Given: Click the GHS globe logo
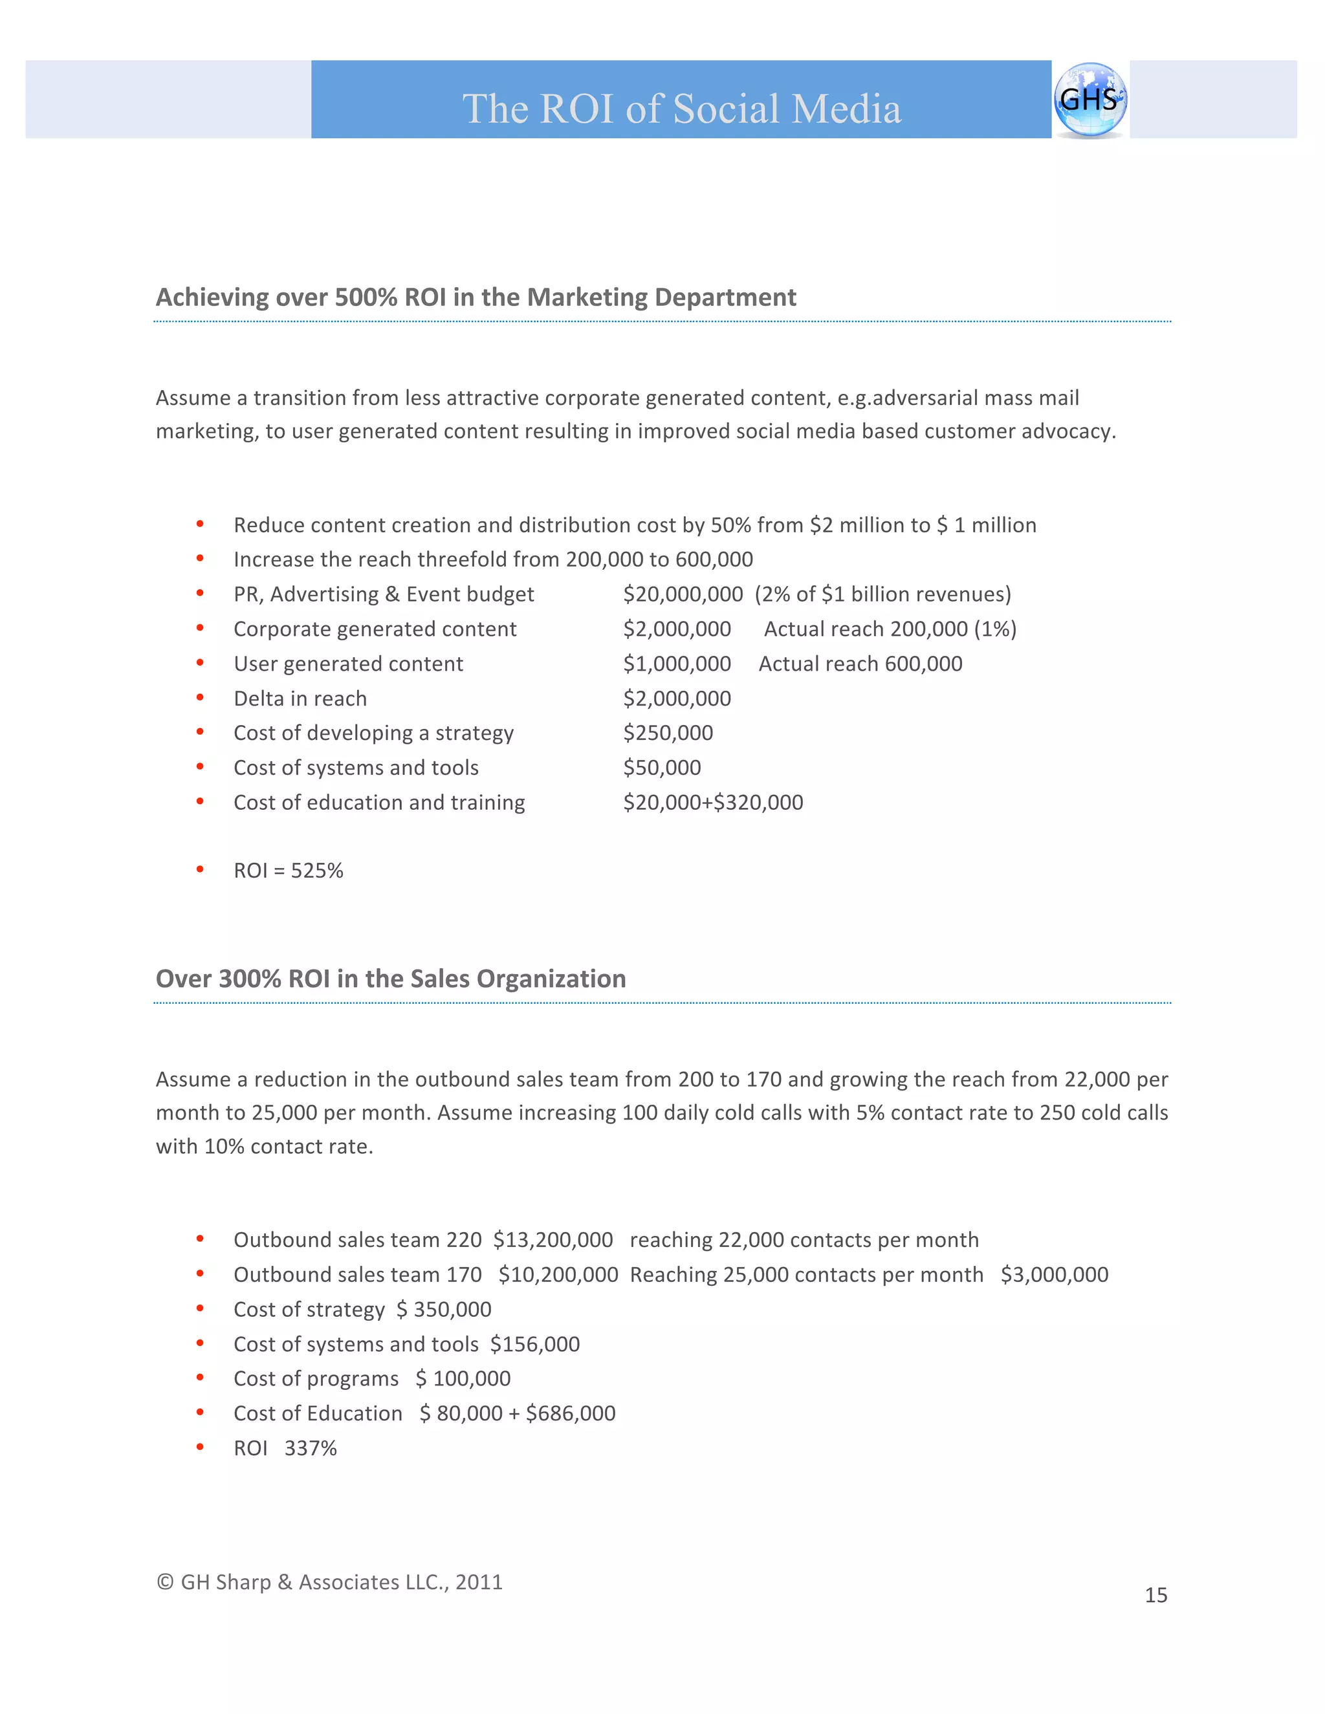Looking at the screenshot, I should click(1090, 100).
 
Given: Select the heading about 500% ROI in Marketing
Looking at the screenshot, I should click(476, 298).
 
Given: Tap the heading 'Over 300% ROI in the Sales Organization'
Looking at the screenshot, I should click(391, 979).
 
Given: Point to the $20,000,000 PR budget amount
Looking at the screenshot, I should click(682, 594).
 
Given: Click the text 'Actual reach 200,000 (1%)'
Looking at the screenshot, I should click(890, 629).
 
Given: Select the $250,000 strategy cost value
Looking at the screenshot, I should click(668, 733).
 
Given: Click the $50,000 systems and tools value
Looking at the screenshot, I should click(662, 768).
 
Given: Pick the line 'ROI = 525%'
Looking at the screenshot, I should click(288, 871).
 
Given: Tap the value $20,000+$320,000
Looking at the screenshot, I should click(713, 802).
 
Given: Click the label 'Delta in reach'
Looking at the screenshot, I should click(300, 699).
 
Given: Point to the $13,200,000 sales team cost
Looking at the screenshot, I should click(553, 1240).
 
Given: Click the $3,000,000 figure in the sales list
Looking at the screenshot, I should click(1053, 1275).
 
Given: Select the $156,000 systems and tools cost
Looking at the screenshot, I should click(534, 1345).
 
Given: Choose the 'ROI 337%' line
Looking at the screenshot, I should click(285, 1448).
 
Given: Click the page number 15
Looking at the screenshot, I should click(1155, 1596).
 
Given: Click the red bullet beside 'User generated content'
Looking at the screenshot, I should click(200, 663).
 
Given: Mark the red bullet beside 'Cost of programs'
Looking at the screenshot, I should click(200, 1378).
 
